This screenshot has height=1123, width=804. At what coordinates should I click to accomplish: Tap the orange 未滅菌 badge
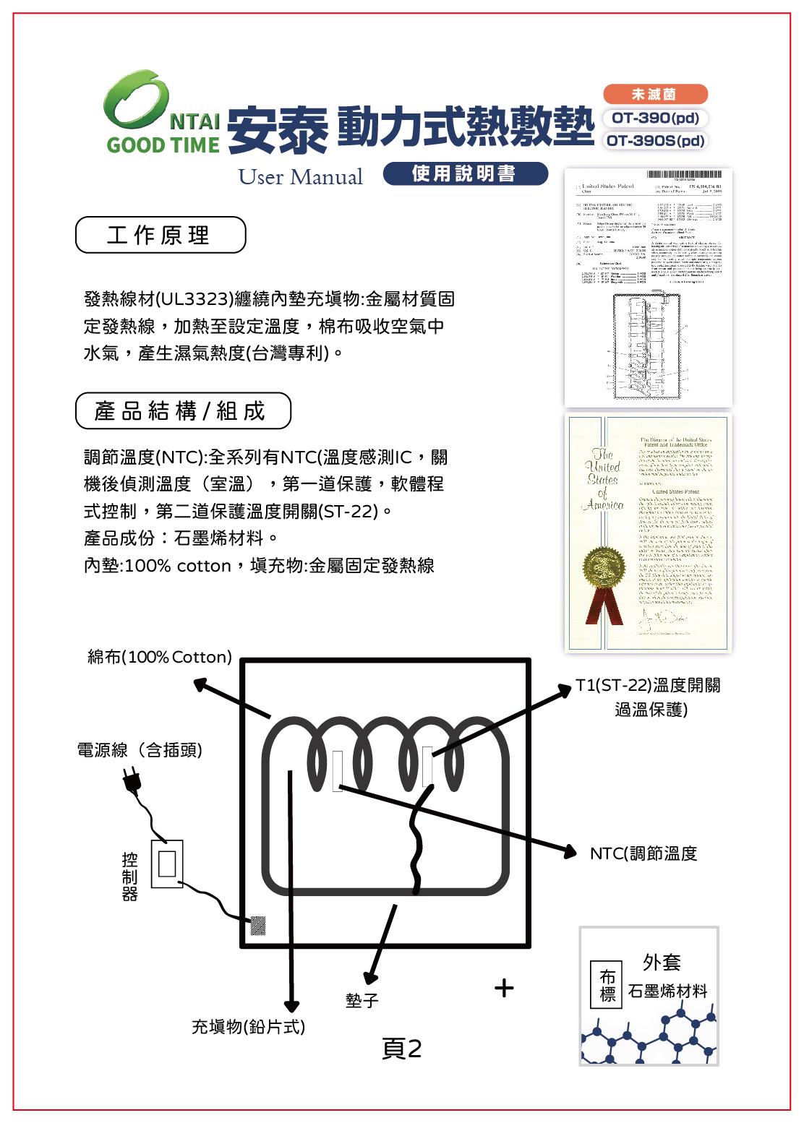(x=654, y=94)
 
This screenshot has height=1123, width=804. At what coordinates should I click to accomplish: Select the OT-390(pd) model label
(x=654, y=118)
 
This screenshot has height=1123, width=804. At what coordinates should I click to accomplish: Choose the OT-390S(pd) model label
(x=654, y=140)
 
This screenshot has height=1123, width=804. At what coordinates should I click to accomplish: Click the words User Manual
(x=301, y=177)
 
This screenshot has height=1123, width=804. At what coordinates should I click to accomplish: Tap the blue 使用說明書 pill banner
(x=464, y=173)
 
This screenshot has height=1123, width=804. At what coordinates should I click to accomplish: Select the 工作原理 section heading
(x=160, y=236)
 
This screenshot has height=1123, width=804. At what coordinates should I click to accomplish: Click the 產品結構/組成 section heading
(x=182, y=411)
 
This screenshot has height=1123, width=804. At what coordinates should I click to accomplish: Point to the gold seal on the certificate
(x=605, y=566)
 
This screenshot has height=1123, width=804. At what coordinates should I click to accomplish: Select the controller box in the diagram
(x=167, y=864)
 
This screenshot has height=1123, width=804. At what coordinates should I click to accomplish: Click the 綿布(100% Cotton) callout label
(x=160, y=657)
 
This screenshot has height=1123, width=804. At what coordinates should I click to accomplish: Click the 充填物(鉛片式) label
(x=248, y=1026)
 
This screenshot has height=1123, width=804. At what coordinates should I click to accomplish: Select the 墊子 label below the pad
(x=362, y=1000)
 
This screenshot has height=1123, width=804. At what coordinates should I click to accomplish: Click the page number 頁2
(x=401, y=1049)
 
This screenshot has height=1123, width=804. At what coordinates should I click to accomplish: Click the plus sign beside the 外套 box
(x=504, y=987)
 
